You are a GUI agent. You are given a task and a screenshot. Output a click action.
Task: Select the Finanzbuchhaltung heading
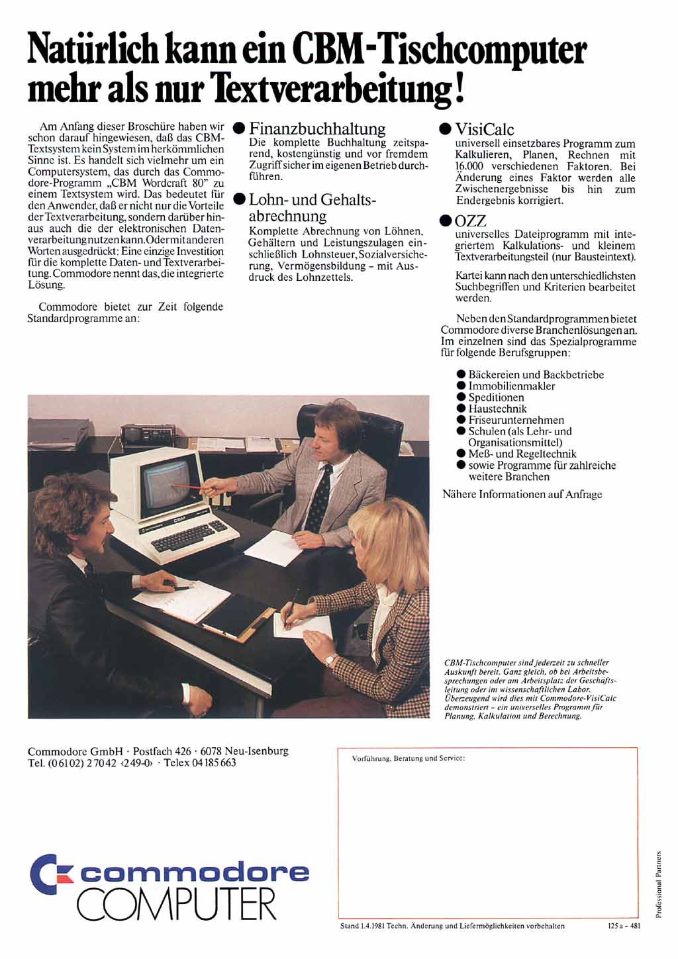tap(317, 129)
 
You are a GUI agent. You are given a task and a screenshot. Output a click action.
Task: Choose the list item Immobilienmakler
tap(512, 386)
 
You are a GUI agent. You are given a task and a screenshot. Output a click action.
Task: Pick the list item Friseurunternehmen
tap(516, 420)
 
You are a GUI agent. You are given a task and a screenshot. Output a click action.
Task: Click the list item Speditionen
tap(496, 397)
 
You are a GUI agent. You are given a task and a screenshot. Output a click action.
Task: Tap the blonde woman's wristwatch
tap(330, 659)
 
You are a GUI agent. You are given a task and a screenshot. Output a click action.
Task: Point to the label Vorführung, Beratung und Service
tap(409, 757)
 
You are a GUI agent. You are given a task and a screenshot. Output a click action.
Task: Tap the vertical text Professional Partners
tap(659, 883)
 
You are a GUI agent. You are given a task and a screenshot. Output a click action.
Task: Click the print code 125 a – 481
tap(623, 926)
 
